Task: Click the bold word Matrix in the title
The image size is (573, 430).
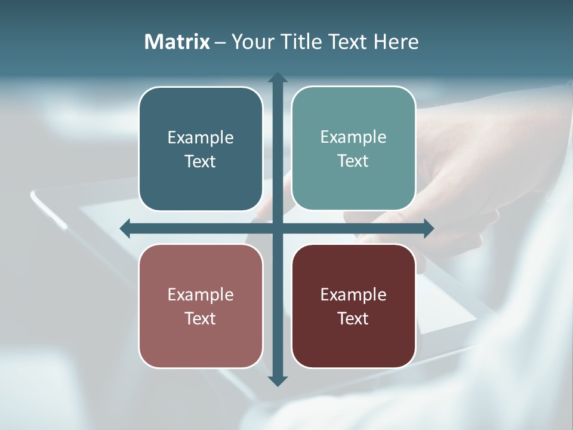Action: [177, 42]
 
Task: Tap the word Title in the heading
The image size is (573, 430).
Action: [301, 42]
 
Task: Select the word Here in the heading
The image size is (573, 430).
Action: [396, 42]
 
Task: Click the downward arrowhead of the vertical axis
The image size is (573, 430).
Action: [278, 380]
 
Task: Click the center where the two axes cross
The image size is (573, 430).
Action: [278, 228]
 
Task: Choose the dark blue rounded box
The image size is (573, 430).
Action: [201, 179]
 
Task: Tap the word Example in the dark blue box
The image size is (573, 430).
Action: [201, 138]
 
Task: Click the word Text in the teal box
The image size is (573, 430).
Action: [353, 161]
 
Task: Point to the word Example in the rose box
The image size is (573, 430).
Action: [201, 295]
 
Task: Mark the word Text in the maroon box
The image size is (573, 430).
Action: [353, 318]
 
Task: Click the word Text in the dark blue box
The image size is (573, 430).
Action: [201, 161]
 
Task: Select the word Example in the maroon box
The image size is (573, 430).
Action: [353, 295]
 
